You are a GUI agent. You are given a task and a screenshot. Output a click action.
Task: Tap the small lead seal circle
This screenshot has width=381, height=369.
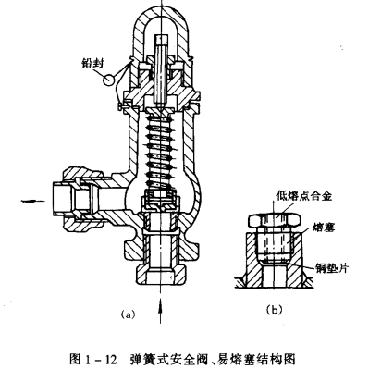pos(109,80)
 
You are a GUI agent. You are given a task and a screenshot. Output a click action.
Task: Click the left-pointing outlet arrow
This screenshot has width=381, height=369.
pos(33,202)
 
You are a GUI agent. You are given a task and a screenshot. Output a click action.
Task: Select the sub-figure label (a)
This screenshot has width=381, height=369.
pos(129,314)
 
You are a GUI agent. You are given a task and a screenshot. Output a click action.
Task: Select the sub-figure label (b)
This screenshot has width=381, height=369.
pos(274,310)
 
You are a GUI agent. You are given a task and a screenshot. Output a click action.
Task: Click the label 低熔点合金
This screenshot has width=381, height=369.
pos(304,196)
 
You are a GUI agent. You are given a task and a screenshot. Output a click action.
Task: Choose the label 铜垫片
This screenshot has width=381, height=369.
pos(331,267)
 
